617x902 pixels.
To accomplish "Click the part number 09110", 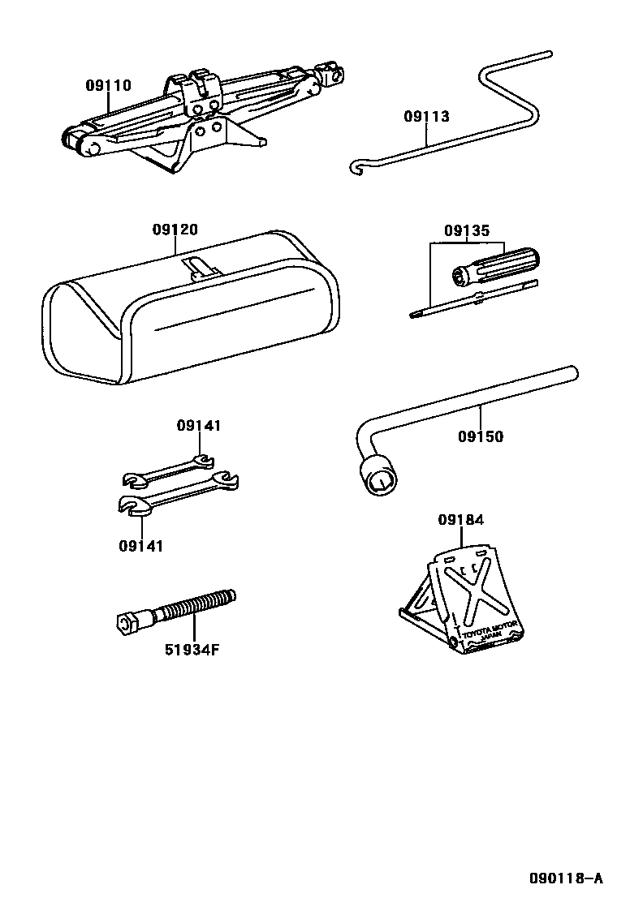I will tap(109, 85).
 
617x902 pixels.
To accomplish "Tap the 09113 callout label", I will tap(426, 116).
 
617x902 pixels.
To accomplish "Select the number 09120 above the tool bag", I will tap(175, 230).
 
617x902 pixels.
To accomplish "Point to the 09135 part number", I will tap(466, 230).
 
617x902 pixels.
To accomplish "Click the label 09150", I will tap(480, 436).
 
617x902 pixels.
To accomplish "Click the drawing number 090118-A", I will tap(566, 878).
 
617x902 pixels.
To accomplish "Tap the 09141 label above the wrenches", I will tap(199, 425).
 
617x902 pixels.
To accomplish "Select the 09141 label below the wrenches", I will tap(141, 546).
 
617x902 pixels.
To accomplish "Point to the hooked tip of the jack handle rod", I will tap(355, 167).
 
